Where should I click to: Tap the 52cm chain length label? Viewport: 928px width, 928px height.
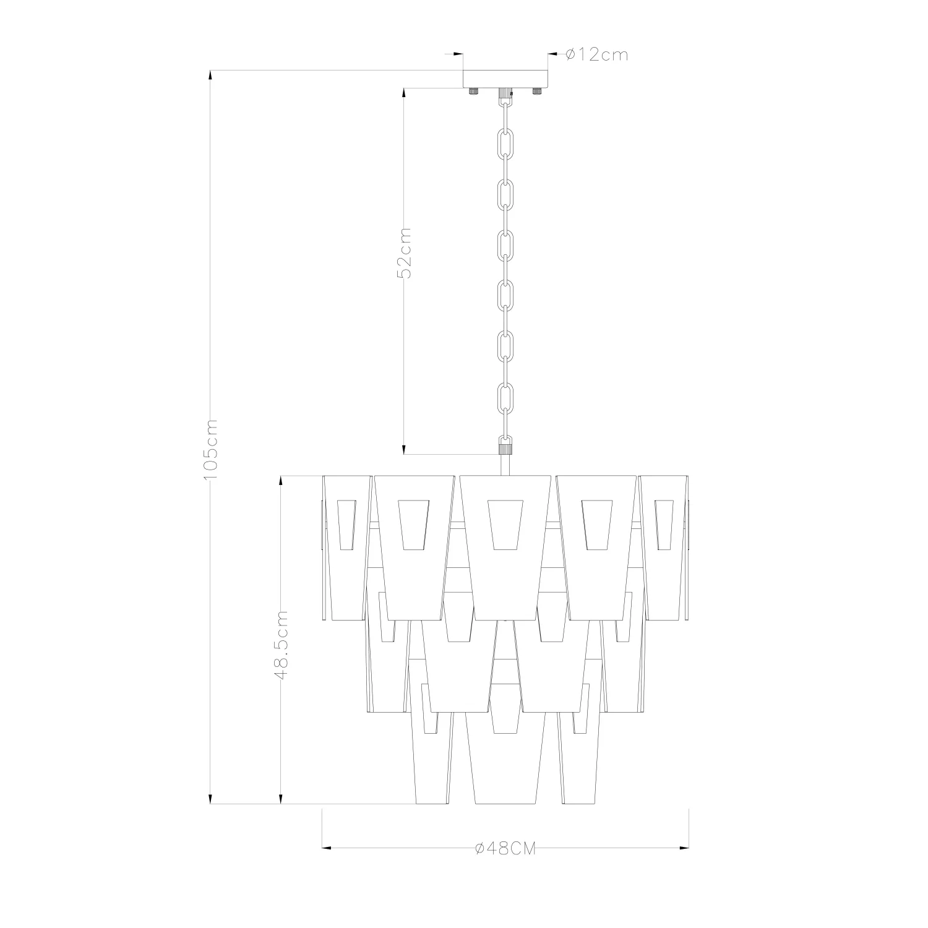point(404,254)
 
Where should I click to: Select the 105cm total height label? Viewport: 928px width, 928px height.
point(211,449)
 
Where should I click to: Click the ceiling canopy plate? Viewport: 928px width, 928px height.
point(505,79)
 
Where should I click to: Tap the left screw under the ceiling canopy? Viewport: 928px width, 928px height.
point(473,91)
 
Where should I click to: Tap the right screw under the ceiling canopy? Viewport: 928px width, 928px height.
point(538,91)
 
